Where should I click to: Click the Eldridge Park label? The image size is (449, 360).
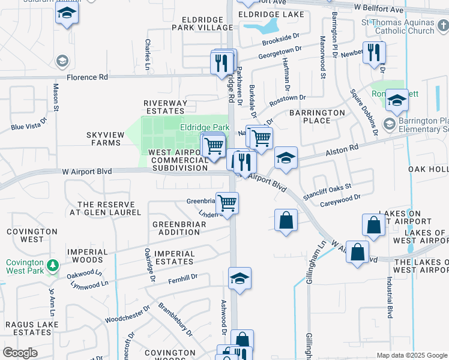coord(205,128)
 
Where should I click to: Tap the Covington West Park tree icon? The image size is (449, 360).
coord(53,265)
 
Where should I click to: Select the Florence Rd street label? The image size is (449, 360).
coord(88,77)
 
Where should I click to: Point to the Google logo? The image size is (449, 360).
coord(20,353)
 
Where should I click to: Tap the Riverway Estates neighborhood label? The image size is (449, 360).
coord(164,107)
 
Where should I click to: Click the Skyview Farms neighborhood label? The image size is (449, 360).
coord(105,139)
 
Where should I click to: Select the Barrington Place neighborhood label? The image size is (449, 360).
coord(317,116)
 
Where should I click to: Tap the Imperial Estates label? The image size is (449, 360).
coord(175,257)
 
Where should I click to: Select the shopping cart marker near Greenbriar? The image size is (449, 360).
coord(228,203)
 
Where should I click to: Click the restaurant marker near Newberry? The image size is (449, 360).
coord(374,53)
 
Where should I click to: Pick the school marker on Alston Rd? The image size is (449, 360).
coord(286,158)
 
